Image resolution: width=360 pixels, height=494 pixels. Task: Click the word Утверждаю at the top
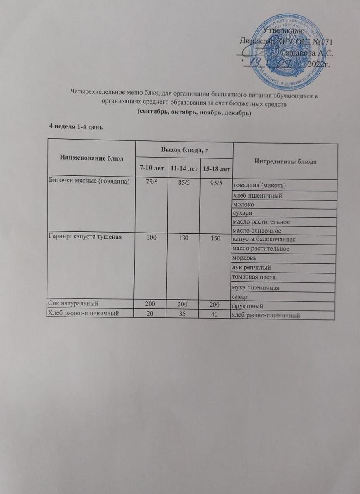pos(284,30)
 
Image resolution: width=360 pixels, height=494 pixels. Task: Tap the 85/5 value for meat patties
pos(183,182)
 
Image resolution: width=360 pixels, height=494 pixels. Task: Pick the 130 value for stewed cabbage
pos(183,239)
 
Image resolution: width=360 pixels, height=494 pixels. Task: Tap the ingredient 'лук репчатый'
pos(250,268)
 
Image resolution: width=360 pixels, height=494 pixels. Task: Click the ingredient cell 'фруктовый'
pos(248,306)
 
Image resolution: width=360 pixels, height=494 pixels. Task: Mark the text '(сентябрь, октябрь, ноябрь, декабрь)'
pos(194,112)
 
